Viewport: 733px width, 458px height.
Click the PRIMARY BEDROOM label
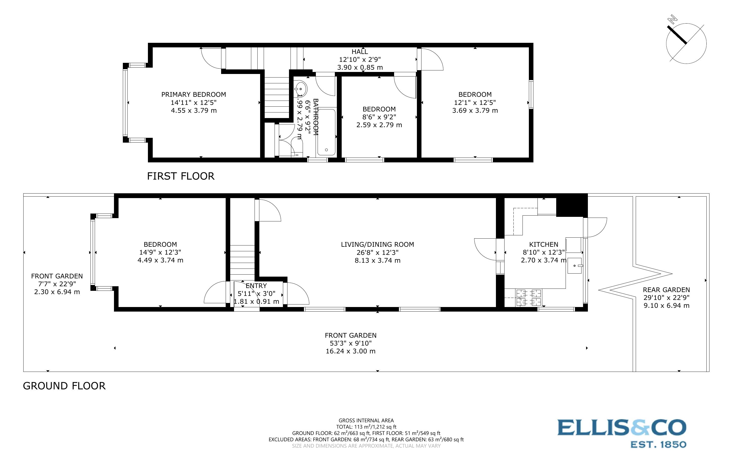coord(194,94)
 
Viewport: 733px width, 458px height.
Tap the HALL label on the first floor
coord(360,52)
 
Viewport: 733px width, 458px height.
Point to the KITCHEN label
coord(544,244)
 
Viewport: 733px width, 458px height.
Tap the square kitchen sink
coord(574,266)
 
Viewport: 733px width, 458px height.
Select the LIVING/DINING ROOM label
coord(377,244)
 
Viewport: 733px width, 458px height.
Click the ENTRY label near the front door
coord(256,286)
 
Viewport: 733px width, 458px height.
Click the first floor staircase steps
coord(277,97)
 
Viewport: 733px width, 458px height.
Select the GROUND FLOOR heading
coord(64,386)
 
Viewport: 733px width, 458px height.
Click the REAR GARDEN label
coord(666,290)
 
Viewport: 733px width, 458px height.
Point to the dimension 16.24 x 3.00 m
coord(350,351)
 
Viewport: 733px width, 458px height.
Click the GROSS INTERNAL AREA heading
coord(366,420)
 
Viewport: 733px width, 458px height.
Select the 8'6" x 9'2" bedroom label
coord(379,117)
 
